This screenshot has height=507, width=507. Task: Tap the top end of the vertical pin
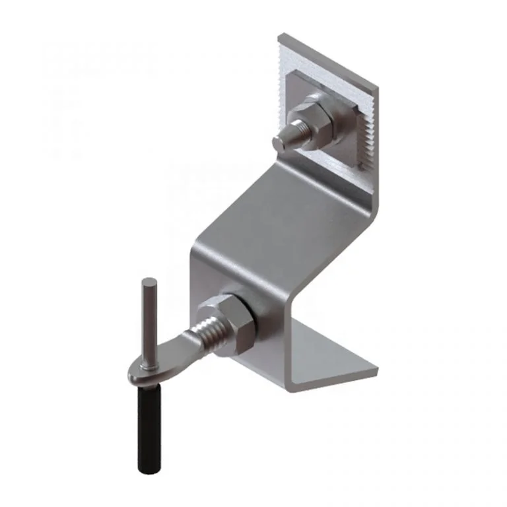146,282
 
